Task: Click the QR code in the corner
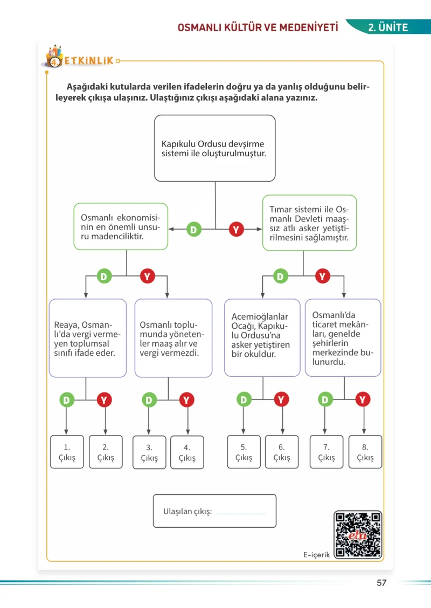[x=358, y=535]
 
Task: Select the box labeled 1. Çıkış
[x=67, y=452]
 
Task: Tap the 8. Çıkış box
[x=365, y=452]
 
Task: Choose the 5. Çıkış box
[x=244, y=452]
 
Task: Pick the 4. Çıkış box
[x=187, y=452]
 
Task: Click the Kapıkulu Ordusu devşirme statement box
[x=215, y=148]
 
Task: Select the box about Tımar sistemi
[x=309, y=223]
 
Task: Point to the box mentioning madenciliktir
[x=121, y=226]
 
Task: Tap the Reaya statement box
[x=88, y=338]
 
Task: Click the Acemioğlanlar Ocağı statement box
[x=262, y=338]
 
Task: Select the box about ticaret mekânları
[x=343, y=338]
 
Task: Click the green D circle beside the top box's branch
[x=194, y=230]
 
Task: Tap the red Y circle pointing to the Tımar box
[x=236, y=230]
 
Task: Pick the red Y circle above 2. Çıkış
[x=105, y=400]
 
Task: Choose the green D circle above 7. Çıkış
[x=325, y=399]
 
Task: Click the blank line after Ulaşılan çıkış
[x=241, y=514]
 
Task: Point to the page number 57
[x=382, y=583]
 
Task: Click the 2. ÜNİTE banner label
[x=388, y=27]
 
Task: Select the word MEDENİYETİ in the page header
[x=309, y=27]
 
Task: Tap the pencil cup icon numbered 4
[x=54, y=57]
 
